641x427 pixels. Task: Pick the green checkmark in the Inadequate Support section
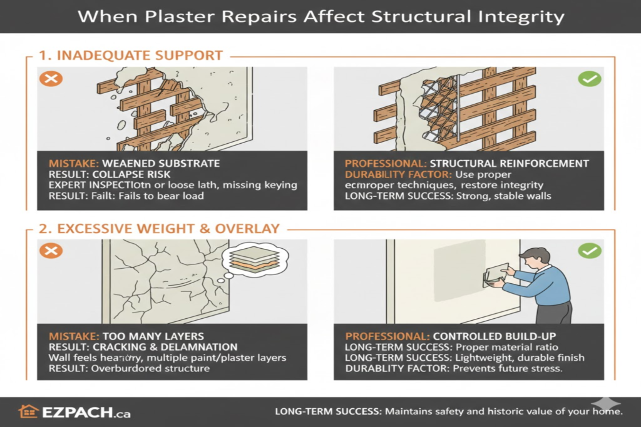point(590,79)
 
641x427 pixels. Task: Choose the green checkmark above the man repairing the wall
point(590,251)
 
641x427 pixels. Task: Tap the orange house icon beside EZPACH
point(28,411)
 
